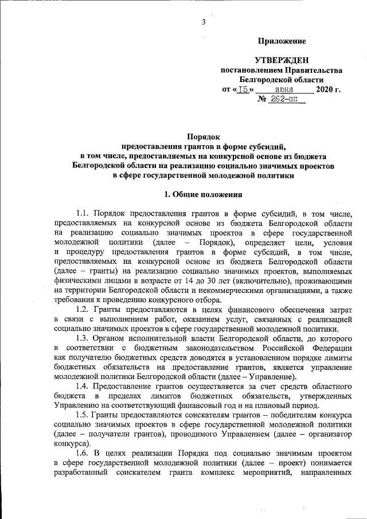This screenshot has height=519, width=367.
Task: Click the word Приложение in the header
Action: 282,41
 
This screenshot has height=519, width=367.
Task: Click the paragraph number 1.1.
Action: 83,213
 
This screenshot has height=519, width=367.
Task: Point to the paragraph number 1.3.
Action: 83,338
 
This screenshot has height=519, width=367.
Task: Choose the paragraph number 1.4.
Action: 83,387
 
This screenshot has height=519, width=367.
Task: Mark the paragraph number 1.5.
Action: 83,415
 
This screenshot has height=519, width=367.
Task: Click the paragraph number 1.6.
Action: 83,454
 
